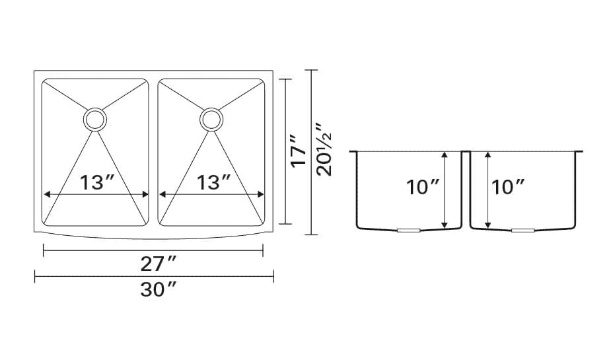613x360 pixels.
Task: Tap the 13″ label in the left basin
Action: tap(97, 182)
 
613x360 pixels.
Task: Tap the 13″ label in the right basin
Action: tap(213, 182)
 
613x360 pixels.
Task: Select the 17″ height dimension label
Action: tap(299, 151)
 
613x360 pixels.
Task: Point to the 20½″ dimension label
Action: tap(324, 150)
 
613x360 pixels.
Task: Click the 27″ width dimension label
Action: tap(159, 264)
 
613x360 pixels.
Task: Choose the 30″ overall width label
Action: tap(159, 290)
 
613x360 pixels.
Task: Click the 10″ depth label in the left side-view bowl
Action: tap(423, 187)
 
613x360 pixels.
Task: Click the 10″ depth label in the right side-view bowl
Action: tap(507, 187)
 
